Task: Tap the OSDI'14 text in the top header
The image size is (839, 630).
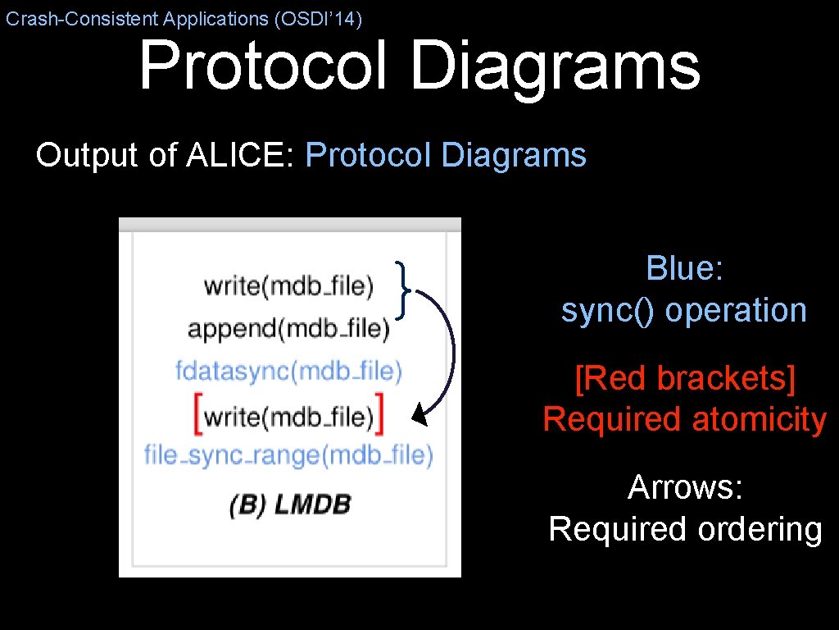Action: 320,19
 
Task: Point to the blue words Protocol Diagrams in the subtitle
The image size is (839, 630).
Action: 446,154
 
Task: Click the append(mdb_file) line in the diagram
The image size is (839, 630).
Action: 288,329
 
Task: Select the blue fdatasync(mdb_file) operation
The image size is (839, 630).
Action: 288,371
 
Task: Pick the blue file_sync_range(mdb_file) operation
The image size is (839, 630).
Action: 288,454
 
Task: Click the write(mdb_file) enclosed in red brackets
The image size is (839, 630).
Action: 288,416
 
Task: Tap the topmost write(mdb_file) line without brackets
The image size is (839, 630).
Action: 288,285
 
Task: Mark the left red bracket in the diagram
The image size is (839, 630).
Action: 197,414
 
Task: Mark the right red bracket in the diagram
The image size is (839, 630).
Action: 381,414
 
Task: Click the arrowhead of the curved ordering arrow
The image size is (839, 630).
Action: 419,417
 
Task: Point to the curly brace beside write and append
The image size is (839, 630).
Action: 404,289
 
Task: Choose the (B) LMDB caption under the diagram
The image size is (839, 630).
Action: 290,504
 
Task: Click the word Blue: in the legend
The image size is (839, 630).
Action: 684,268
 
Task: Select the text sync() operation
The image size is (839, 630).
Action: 684,310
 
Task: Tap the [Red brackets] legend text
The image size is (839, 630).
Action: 684,378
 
